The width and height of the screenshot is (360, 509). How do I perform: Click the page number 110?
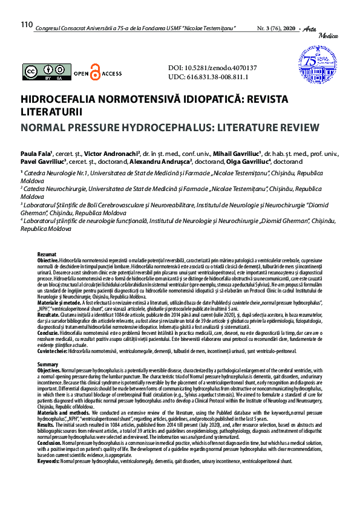coord(26,25)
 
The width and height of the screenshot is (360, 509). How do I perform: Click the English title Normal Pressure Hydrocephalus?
coord(169,127)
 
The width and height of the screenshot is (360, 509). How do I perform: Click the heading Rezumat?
coord(47,254)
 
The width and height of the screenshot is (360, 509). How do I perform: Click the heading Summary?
coord(48,365)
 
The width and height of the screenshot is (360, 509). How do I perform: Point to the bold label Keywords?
coord(48,461)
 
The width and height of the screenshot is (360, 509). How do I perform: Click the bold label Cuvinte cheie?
coord(52,351)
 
